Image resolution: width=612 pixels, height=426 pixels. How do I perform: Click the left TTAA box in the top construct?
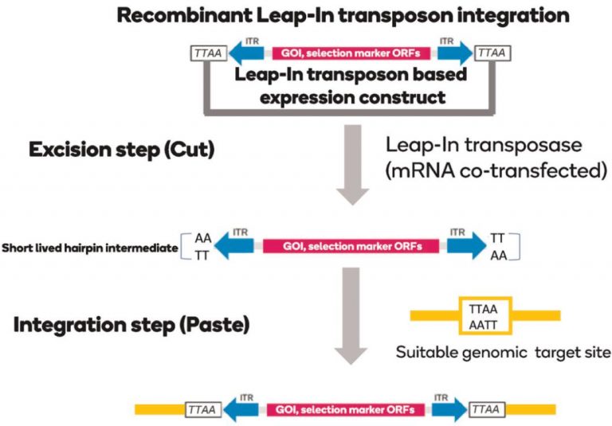pyautogui.click(x=209, y=54)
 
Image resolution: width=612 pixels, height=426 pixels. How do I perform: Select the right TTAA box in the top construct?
pyautogui.click(x=493, y=54)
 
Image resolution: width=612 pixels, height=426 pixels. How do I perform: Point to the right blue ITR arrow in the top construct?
pyautogui.click(x=455, y=54)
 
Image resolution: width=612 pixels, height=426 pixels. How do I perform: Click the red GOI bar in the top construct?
pyautogui.click(x=351, y=54)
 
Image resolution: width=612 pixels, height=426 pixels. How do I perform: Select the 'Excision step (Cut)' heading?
pyautogui.click(x=122, y=150)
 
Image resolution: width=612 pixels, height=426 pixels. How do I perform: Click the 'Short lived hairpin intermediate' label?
pyautogui.click(x=88, y=248)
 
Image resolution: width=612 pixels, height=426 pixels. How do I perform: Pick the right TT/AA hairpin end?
pyautogui.click(x=501, y=247)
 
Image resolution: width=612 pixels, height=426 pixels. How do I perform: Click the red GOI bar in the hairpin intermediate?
pyautogui.click(x=351, y=247)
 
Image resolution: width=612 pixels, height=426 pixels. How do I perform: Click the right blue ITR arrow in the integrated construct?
pyautogui.click(x=450, y=409)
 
